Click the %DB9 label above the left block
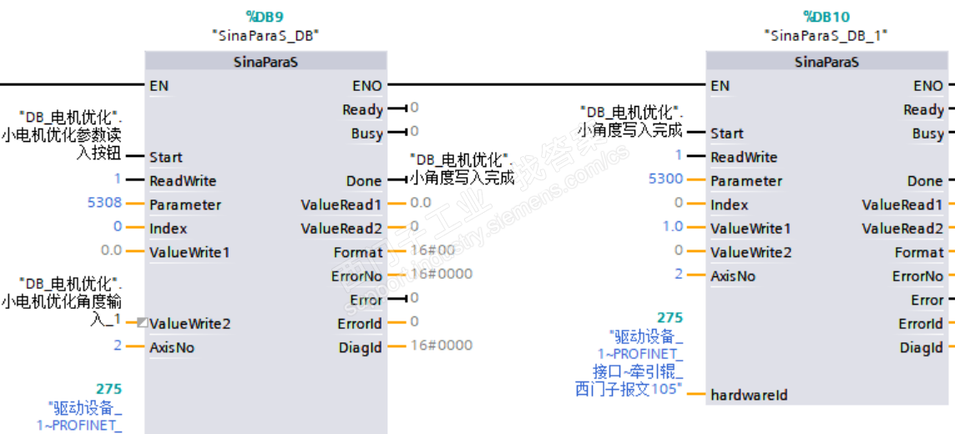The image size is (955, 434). click(x=265, y=15)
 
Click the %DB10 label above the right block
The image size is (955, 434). click(x=826, y=15)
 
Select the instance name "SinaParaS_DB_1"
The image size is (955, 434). click(x=826, y=35)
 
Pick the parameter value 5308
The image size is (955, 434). click(x=104, y=204)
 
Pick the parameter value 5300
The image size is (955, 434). click(x=665, y=180)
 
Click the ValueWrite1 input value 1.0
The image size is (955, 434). click(x=673, y=228)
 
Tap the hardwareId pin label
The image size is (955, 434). click(x=749, y=395)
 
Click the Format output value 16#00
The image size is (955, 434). click(x=432, y=251)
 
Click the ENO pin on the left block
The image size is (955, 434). click(x=366, y=85)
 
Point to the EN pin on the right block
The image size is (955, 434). click(x=720, y=85)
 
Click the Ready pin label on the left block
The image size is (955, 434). click(x=362, y=109)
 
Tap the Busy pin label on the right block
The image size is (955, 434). click(x=927, y=134)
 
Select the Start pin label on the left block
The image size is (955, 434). click(x=166, y=157)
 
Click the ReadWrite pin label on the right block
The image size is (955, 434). click(x=744, y=157)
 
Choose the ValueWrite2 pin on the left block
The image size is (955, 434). click(x=189, y=324)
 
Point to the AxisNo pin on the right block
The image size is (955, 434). click(x=733, y=275)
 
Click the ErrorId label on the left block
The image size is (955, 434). click(x=360, y=324)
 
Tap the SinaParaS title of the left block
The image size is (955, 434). click(x=265, y=62)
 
